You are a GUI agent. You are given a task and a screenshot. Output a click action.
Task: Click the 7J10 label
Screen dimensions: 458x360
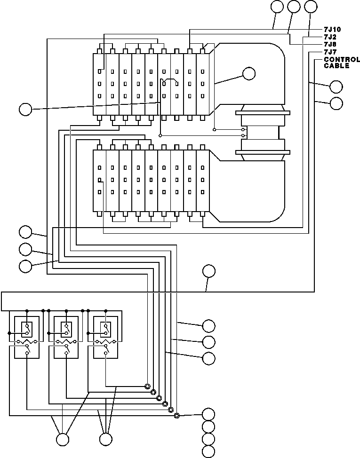tap(332, 29)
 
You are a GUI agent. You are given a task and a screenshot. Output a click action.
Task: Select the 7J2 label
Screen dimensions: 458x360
tap(329, 36)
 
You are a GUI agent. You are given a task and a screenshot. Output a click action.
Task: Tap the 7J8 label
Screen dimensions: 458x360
tap(329, 44)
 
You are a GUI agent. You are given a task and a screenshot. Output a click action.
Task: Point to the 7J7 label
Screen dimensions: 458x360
tap(329, 51)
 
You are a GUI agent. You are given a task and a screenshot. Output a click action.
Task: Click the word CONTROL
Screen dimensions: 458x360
tap(341, 60)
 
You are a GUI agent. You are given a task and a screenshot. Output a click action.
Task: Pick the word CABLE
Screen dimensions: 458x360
tap(336, 66)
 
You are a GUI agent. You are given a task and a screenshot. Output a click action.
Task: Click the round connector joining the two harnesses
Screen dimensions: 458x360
tap(263, 132)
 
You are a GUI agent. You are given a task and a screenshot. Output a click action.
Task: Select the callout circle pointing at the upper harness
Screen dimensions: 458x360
tap(248, 73)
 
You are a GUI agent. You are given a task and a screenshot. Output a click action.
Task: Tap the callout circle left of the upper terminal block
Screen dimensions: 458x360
tap(25, 110)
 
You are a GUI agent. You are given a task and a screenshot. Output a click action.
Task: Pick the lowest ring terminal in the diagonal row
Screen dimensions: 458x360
tap(176, 416)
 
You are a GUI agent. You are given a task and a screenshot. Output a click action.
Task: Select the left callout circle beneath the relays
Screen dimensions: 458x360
tap(62, 440)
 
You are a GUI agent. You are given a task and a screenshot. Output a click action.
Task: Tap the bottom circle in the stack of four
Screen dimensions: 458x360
tap(208, 452)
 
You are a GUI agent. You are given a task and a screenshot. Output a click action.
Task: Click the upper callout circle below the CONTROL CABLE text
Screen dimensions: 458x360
tap(336, 87)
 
